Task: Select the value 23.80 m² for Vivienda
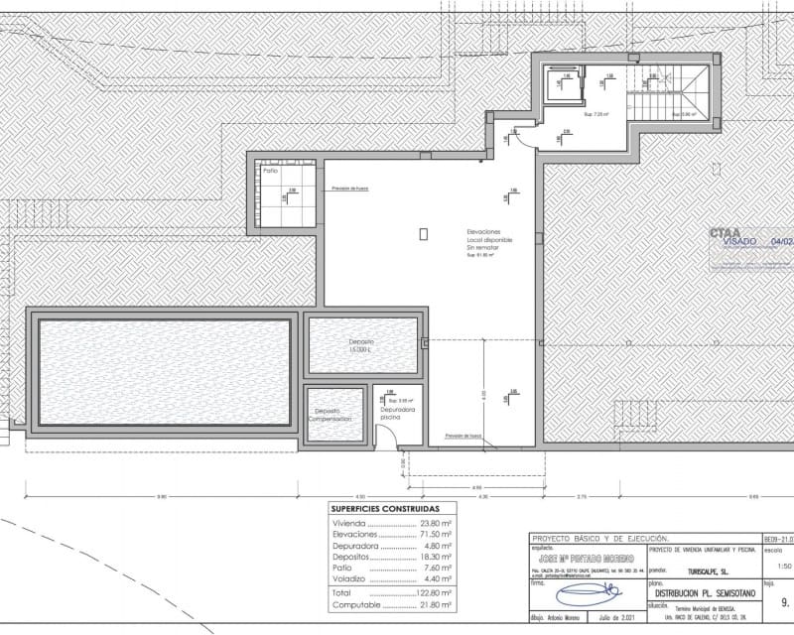tap(434, 523)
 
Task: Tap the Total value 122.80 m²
tap(433, 591)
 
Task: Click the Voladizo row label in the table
tap(351, 577)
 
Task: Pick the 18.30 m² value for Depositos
tap(434, 557)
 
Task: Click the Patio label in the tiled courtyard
tap(270, 172)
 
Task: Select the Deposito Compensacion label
tap(329, 415)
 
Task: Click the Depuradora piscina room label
tap(396, 413)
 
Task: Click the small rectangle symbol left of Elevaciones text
tap(423, 233)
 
